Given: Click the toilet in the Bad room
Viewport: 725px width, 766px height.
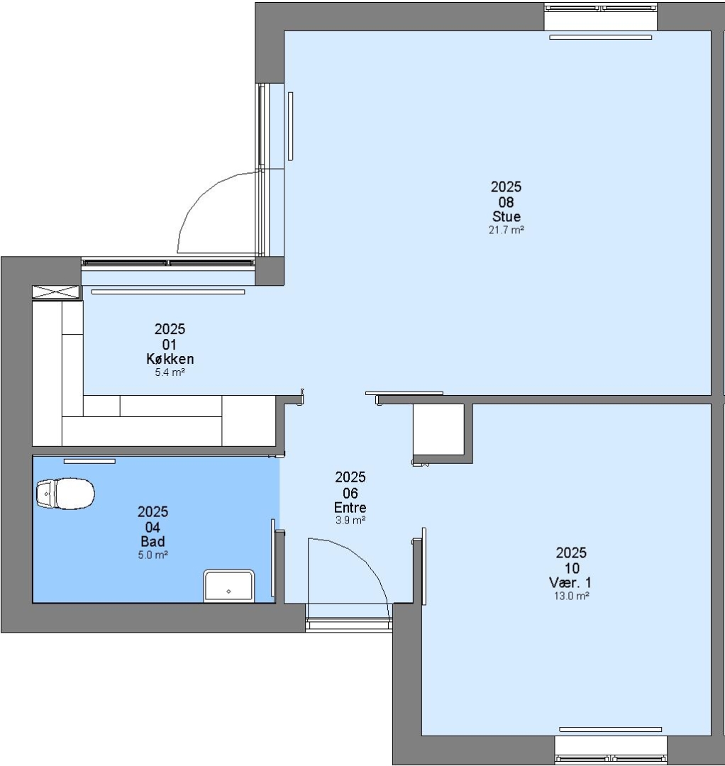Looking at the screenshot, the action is (x=65, y=494).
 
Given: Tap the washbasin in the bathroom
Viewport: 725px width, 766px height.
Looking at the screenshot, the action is (x=228, y=585).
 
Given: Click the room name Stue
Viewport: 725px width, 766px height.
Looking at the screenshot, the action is (x=506, y=216).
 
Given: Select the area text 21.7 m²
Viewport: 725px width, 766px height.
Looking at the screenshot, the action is (x=506, y=230).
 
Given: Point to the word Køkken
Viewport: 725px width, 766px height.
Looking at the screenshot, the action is (x=170, y=359).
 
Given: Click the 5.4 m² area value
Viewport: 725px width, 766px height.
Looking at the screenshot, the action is (x=170, y=372).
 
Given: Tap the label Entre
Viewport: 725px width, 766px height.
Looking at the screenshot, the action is (x=350, y=507).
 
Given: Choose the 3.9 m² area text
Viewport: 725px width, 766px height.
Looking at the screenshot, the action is (x=350, y=521).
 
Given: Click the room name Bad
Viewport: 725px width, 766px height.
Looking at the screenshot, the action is (x=153, y=541).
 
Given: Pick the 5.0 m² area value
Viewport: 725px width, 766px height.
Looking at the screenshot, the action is (x=153, y=555).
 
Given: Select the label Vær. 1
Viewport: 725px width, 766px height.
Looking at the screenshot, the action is (x=570, y=582).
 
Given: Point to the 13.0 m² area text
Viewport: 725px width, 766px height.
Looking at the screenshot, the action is (x=571, y=596).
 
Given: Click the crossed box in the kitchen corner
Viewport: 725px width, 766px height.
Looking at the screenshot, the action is (x=56, y=292).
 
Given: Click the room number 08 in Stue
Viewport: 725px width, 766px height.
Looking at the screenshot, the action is (x=506, y=201).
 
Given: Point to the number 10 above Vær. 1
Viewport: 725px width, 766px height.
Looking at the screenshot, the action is (x=572, y=568).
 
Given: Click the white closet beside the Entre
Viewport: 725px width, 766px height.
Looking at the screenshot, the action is (x=438, y=430).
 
